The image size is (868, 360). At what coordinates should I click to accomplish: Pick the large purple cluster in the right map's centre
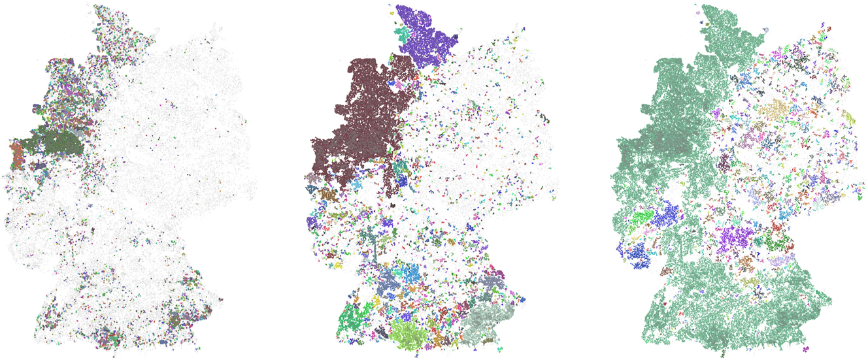[739, 238]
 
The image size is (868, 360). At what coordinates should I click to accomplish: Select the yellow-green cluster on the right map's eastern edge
[848, 118]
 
